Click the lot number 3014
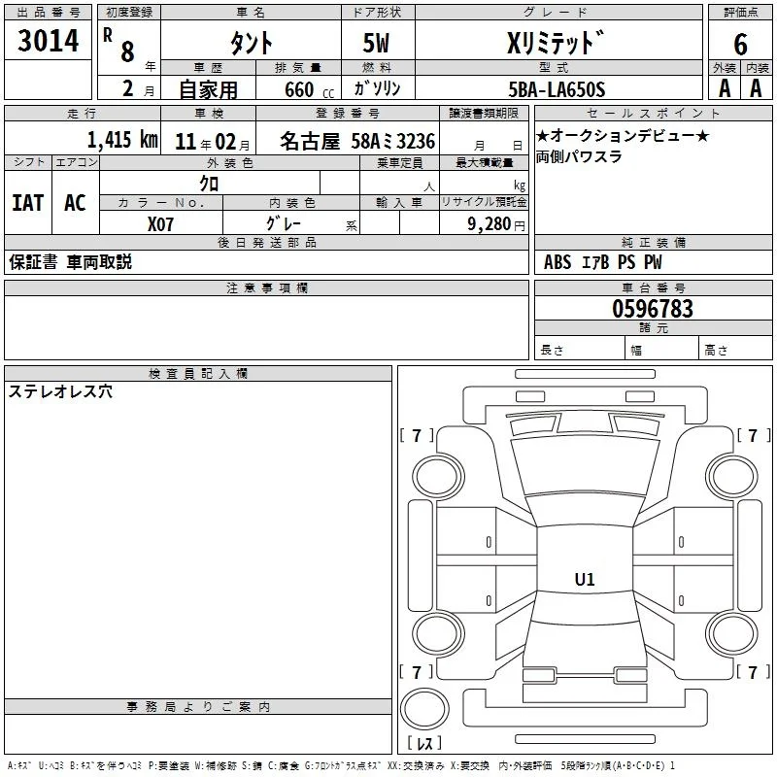(x=48, y=41)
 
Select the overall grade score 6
(x=740, y=45)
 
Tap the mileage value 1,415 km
(x=122, y=139)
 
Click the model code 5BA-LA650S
(x=557, y=89)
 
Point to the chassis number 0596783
(x=653, y=308)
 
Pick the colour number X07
(x=160, y=224)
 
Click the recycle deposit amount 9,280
(x=490, y=224)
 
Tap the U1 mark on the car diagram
(x=585, y=579)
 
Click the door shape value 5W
(x=376, y=43)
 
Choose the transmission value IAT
(x=28, y=203)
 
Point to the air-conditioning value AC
(x=76, y=203)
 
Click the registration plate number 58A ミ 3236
(x=393, y=141)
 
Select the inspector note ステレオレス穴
(x=60, y=391)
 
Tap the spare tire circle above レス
(x=424, y=708)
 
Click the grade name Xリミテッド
(x=556, y=43)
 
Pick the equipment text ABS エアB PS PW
(x=602, y=262)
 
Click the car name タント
(x=252, y=43)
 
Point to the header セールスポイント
(x=653, y=114)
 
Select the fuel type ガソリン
(x=377, y=88)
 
